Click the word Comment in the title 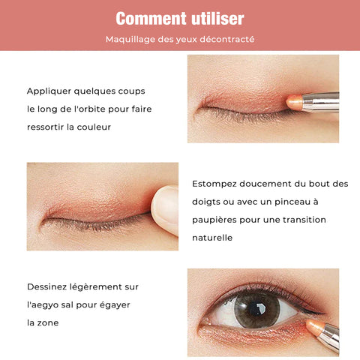coord(151,19)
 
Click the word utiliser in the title coord(217,19)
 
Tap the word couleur coord(94,127)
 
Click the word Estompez coord(214,184)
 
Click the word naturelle coord(212,238)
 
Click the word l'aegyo coord(43,305)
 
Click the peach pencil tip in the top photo coord(294,102)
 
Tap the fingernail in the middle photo coord(166,205)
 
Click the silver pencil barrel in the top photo coord(321,102)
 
